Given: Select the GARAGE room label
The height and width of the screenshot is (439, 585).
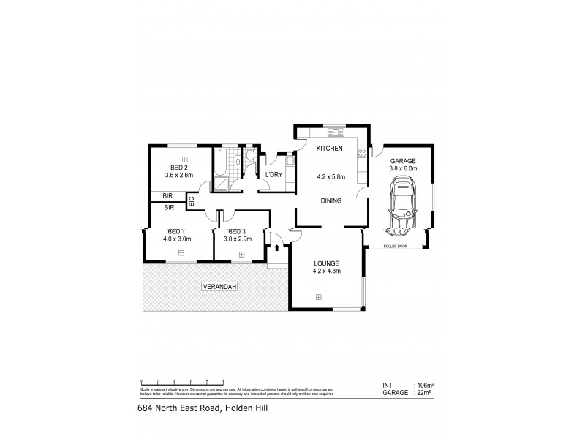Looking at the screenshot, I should pos(402,160).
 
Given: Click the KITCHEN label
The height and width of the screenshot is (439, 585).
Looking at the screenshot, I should pos(329,149).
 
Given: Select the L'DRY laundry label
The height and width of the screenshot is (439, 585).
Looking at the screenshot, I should pos(274,174).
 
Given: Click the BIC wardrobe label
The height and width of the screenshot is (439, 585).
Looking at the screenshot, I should pos(192,200).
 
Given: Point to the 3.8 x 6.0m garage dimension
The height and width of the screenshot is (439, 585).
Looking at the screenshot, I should pos(402,168).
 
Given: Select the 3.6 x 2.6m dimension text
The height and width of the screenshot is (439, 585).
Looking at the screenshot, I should pos(178,176).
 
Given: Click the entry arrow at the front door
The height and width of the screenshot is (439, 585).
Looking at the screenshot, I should pos(278,249).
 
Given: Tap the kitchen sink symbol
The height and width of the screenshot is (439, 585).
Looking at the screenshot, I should pos(336,132).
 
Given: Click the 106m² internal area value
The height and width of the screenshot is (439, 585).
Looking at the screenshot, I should pos(425,385).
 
